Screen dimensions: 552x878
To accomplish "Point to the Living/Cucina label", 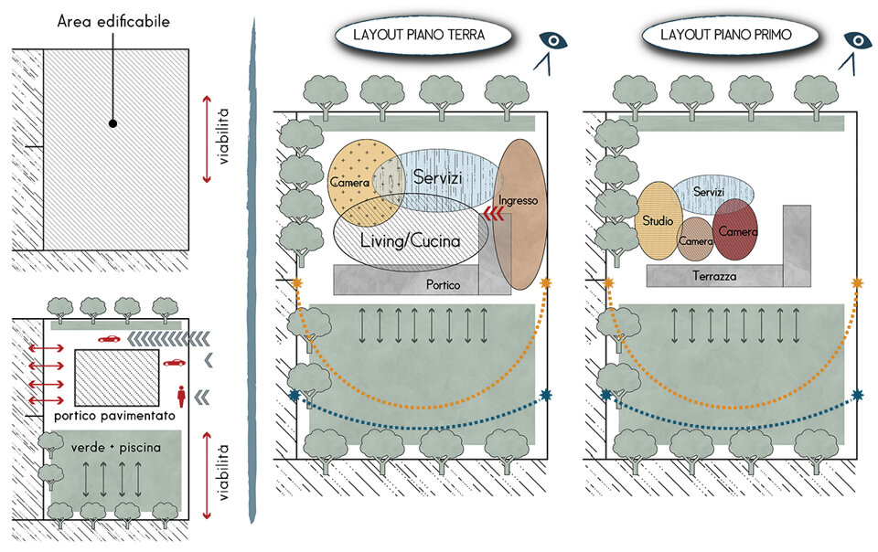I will click(411, 240).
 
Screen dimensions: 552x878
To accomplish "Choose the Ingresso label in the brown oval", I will click(519, 200).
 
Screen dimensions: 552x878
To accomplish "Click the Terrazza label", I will click(715, 276).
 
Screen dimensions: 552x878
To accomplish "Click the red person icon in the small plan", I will click(182, 396).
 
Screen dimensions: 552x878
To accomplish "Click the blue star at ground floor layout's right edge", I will click(546, 395).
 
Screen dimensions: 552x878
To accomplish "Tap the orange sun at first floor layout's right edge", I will click(857, 283).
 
